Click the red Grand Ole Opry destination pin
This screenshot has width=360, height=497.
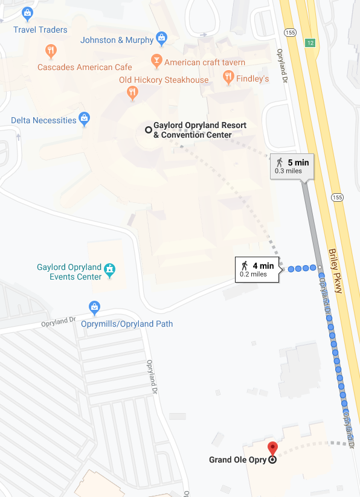(272, 449)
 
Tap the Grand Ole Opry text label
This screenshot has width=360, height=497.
(238, 460)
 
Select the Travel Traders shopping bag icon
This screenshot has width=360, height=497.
(27, 12)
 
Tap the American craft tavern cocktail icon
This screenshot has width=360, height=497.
(156, 62)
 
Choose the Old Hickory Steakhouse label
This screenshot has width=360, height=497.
(164, 80)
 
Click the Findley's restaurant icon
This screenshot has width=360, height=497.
(228, 77)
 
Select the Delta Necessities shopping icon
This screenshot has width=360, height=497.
(85, 117)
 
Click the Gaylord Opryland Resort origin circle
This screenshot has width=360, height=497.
(147, 129)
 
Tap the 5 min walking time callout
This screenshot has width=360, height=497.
(292, 165)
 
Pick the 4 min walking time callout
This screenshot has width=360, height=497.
(257, 269)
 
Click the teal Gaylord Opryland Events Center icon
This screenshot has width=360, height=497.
(109, 270)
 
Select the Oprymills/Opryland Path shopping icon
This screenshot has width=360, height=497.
(94, 307)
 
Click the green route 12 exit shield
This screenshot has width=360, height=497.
(310, 43)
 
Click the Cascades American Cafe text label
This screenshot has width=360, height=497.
(85, 67)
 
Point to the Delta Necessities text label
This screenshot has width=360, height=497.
(43, 120)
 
